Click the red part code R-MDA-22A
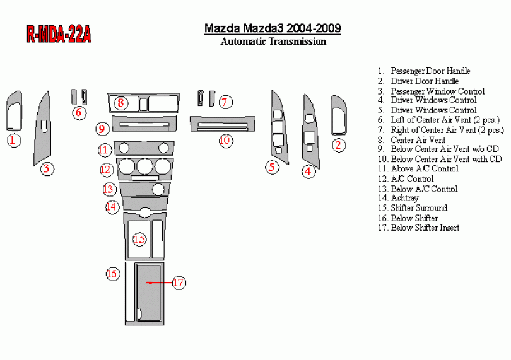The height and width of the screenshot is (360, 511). pyautogui.click(x=59, y=34)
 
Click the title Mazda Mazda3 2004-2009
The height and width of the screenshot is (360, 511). pyautogui.click(x=273, y=28)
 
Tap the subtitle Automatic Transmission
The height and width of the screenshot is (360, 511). pyautogui.click(x=273, y=42)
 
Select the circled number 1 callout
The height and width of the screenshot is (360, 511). pyautogui.click(x=14, y=141)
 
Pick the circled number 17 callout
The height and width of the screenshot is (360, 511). pyautogui.click(x=179, y=282)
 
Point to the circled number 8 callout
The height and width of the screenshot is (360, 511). pyautogui.click(x=120, y=103)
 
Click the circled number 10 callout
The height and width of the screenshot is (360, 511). pyautogui.click(x=225, y=141)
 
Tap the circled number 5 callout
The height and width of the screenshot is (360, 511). pyautogui.click(x=271, y=167)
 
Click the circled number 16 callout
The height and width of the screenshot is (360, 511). pyautogui.click(x=112, y=274)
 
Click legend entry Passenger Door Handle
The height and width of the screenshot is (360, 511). pyautogui.click(x=424, y=71)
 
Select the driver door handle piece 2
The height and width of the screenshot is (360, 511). pyautogui.click(x=339, y=115)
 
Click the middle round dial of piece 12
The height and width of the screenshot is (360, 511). pyautogui.click(x=144, y=166)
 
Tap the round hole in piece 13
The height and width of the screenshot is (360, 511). pyautogui.click(x=158, y=189)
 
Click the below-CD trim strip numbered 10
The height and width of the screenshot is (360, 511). pyautogui.click(x=223, y=124)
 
